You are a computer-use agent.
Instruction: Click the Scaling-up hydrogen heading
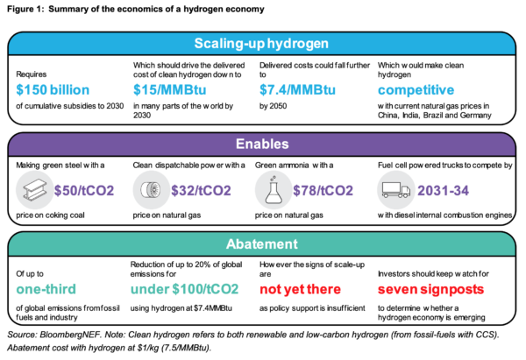tap(261, 44)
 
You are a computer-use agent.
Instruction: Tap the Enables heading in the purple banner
tap(262, 144)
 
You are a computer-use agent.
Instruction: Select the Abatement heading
tap(262, 244)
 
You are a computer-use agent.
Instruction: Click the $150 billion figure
tap(53, 90)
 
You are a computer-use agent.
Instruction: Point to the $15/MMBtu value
tap(170, 90)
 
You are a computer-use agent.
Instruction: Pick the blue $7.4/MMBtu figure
tap(297, 90)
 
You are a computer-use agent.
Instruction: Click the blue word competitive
tap(416, 90)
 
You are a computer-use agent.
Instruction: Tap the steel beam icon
tap(34, 190)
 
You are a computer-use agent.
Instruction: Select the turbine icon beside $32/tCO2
tap(151, 190)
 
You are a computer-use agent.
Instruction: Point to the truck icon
tap(396, 190)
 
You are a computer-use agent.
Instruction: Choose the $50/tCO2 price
tap(84, 190)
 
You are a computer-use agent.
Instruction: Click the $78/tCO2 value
tap(323, 190)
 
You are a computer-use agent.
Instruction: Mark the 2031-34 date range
tap(443, 190)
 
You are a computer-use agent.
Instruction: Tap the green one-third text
tap(46, 289)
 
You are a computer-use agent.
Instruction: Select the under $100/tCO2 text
tap(184, 289)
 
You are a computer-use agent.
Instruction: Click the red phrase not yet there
tap(300, 289)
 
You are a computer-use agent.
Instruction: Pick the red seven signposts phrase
tap(430, 289)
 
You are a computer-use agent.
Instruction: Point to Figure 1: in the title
tap(25, 9)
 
